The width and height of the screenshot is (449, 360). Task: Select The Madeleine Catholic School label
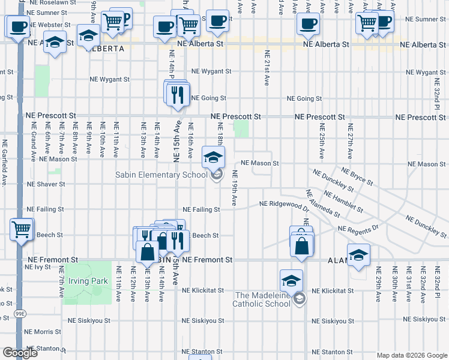(262, 299)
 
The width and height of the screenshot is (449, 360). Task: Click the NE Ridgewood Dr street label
(284, 205)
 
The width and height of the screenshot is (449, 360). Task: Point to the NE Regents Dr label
(358, 229)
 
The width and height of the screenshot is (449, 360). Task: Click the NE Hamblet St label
(343, 201)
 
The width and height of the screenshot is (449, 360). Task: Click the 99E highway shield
(20, 314)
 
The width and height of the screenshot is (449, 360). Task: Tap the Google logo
(20, 353)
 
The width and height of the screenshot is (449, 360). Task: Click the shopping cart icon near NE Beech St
(22, 229)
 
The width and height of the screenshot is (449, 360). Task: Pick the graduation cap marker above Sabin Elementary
(212, 158)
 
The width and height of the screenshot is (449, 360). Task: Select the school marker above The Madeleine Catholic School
(291, 281)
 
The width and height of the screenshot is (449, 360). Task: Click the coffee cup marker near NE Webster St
(17, 26)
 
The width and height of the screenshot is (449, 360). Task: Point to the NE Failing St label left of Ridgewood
(201, 209)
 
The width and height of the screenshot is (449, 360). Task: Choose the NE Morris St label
(42, 331)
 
